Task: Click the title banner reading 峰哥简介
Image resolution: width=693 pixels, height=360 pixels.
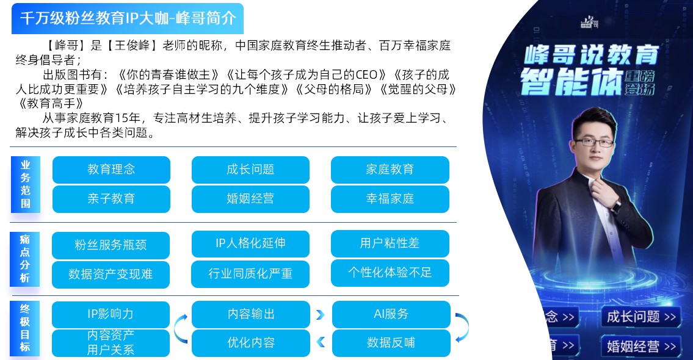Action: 127,18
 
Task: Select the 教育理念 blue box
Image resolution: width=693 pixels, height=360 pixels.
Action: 111,170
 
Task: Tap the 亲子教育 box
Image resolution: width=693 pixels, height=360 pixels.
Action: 111,199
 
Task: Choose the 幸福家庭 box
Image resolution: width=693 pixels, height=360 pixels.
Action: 390,199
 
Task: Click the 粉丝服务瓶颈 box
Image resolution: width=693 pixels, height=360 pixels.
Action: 111,245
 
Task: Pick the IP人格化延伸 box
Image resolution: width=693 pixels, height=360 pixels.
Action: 250,243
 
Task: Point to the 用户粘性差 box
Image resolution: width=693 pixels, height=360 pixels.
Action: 390,243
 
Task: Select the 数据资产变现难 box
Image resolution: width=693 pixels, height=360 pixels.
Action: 111,275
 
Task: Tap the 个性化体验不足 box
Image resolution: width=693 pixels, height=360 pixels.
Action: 390,273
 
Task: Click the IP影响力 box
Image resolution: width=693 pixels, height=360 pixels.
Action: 111,314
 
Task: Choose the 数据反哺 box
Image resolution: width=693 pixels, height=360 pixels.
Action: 391,343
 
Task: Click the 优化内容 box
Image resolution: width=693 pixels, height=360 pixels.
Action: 251,343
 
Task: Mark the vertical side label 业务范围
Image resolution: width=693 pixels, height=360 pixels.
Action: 26,185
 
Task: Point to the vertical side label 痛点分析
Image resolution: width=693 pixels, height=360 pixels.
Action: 25,259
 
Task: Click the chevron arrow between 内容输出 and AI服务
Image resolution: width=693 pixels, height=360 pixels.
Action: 321,315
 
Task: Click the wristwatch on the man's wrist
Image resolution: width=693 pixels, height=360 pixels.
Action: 615,206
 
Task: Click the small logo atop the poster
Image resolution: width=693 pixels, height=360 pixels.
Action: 589,22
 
